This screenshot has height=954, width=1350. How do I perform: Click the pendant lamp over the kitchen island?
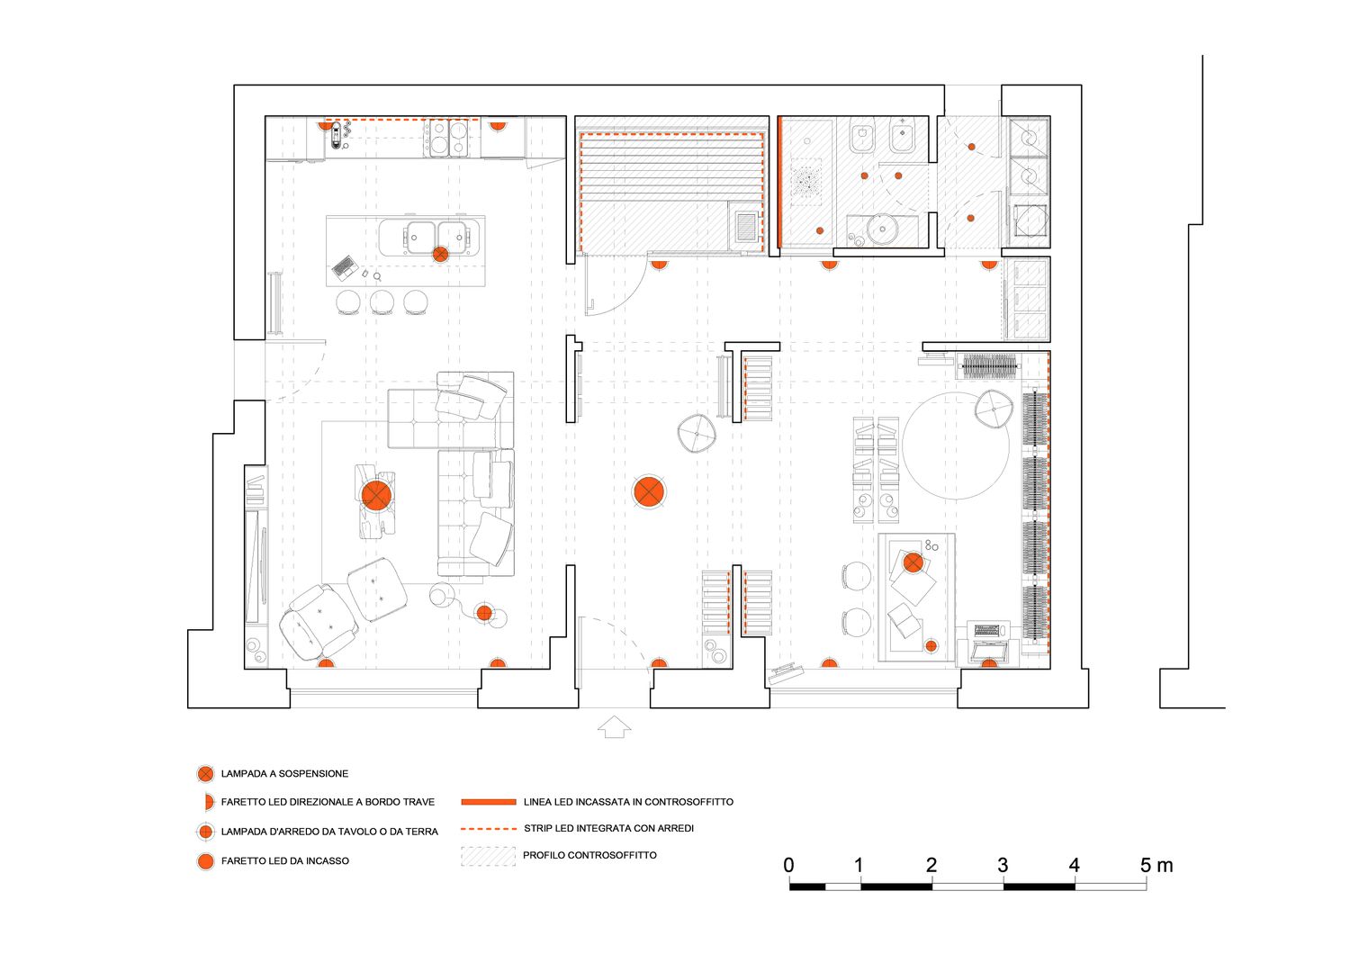pyautogui.click(x=440, y=254)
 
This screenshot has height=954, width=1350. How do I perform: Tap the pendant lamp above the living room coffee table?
pyautogui.click(x=376, y=494)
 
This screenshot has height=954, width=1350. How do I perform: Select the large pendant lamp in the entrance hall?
pyautogui.click(x=649, y=490)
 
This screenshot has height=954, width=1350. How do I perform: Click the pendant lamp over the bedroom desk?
pyautogui.click(x=913, y=562)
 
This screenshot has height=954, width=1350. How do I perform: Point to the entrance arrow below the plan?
pyautogui.click(x=615, y=726)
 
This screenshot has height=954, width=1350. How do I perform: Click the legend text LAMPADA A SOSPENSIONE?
pyautogui.click(x=284, y=774)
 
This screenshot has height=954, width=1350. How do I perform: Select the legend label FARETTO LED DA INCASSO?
pyautogui.click(x=285, y=861)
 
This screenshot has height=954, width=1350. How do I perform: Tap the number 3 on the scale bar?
pyautogui.click(x=1003, y=866)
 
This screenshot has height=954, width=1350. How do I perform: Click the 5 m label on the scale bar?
pyautogui.click(x=1156, y=866)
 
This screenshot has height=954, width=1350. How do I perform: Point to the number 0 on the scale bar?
pyautogui.click(x=789, y=866)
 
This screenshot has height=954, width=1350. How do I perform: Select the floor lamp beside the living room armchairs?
pyautogui.click(x=484, y=614)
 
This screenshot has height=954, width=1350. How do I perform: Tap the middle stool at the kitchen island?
pyautogui.click(x=382, y=301)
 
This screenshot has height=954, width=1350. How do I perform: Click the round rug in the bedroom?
pyautogui.click(x=956, y=445)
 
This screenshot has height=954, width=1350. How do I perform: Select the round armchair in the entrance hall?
pyautogui.click(x=697, y=433)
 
